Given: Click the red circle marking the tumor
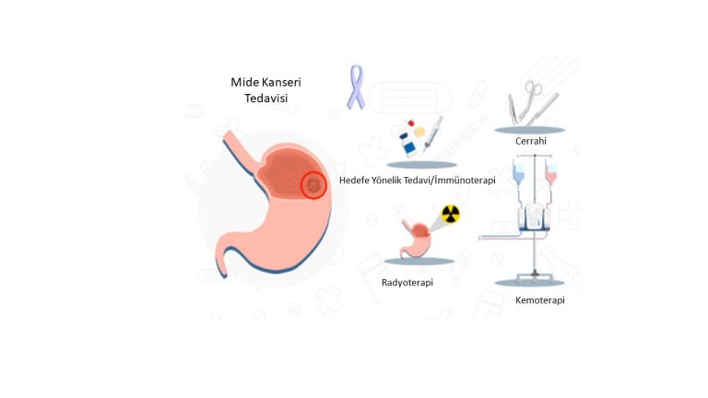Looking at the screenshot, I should (x=314, y=185).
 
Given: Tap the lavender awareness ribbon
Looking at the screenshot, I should (x=355, y=87).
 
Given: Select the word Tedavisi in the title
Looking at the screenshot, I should (x=265, y=99).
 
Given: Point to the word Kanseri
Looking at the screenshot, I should (x=281, y=83).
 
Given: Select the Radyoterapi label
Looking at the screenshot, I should (x=407, y=283).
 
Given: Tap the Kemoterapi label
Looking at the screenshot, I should (x=538, y=300).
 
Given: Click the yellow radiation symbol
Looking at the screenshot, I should (x=450, y=214).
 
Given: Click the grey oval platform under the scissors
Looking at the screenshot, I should (x=534, y=130).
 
